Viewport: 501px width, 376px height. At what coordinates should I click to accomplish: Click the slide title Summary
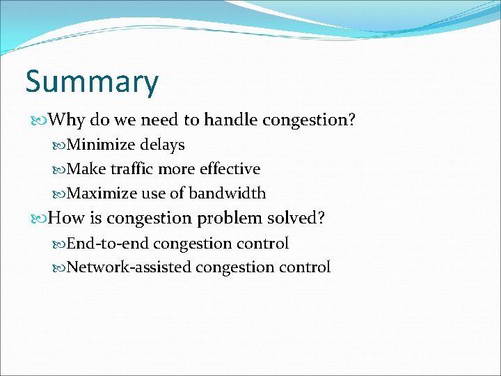(92, 82)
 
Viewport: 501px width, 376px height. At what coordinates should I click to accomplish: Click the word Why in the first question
(67, 120)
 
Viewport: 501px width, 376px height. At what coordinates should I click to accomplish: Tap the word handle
(230, 120)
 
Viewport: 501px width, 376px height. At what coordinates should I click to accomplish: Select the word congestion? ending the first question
(309, 120)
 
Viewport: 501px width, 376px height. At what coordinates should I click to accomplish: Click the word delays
(162, 145)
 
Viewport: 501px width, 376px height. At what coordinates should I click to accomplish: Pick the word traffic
(130, 169)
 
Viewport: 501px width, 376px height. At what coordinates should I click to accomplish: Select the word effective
(230, 169)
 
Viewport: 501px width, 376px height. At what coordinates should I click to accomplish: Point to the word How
(66, 219)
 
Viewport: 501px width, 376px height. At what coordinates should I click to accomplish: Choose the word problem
(228, 219)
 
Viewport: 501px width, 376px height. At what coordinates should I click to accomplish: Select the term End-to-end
(108, 244)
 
